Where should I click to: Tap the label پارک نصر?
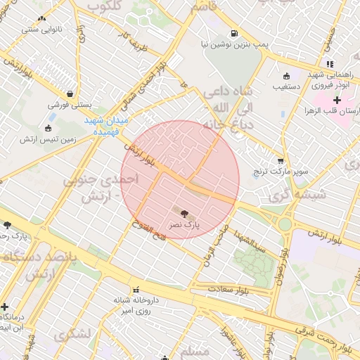click(184, 225)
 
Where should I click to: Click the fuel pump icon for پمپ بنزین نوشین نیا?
click(233, 32)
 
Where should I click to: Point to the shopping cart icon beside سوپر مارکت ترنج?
click(281, 161)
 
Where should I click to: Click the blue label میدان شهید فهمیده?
click(106, 126)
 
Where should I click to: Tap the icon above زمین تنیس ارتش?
click(48, 128)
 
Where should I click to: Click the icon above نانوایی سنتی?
click(41, 19)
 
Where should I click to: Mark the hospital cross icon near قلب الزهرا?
click(337, 101)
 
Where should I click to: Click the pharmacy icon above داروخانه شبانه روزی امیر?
click(136, 290)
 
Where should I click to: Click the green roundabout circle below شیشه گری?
click(285, 224)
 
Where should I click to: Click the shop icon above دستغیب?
click(286, 77)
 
